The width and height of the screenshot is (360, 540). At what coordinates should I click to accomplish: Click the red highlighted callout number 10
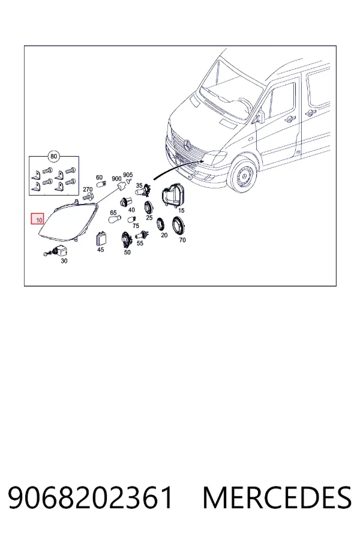point(38,218)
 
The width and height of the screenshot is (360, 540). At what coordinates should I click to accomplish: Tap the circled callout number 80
point(53,157)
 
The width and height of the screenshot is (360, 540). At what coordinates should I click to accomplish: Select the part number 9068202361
point(90,497)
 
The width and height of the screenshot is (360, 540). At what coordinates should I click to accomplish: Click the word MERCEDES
point(277,497)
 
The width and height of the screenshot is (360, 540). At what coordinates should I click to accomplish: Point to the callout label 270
point(88,190)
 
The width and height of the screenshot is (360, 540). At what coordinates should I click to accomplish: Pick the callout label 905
point(128,175)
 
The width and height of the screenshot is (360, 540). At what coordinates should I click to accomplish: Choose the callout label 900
point(116,179)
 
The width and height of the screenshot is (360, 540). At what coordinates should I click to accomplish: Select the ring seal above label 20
point(160,224)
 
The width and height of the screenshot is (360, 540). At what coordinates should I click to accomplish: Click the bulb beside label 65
point(115,219)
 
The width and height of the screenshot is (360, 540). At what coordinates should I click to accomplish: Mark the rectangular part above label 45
point(101,239)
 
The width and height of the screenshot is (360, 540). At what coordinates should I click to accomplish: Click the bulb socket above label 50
point(126,239)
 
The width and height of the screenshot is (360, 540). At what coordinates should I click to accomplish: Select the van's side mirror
point(260,117)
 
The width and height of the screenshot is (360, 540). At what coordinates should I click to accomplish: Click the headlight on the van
point(214,157)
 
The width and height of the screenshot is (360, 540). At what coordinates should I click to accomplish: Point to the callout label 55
point(140,243)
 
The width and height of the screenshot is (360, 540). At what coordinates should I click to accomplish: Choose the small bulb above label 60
point(101,185)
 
